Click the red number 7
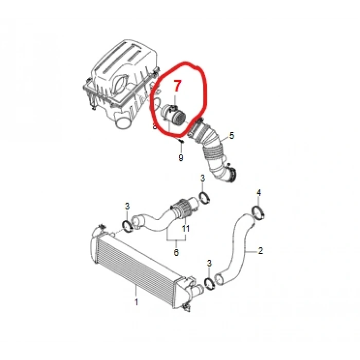177,86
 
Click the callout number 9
181,157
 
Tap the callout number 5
231,135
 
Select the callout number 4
259,193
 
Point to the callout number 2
260,250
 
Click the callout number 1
136,302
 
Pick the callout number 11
185,228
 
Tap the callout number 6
176,253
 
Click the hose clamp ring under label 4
259,213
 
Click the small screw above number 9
181,141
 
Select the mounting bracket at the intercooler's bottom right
186,307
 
